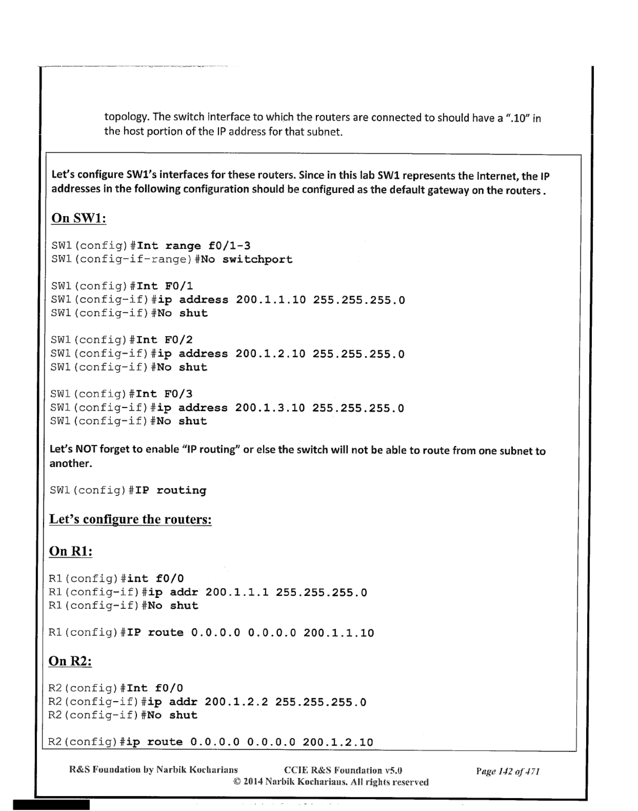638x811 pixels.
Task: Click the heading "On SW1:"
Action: pyautogui.click(x=79, y=218)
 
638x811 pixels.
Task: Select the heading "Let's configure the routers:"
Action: pyautogui.click(x=130, y=519)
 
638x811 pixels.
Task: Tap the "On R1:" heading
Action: pyautogui.click(x=71, y=551)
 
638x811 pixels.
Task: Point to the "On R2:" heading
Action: pyautogui.click(x=70, y=661)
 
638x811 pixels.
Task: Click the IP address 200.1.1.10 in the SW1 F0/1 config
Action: pyautogui.click(x=271, y=300)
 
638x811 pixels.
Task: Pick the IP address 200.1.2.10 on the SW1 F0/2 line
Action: pyautogui.click(x=271, y=354)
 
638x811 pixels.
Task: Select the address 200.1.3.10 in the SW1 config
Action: pyautogui.click(x=270, y=408)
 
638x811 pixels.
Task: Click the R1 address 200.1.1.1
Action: pyautogui.click(x=237, y=592)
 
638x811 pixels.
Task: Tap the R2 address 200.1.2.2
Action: pyautogui.click(x=236, y=702)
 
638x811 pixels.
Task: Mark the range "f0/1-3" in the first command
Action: pyautogui.click(x=229, y=246)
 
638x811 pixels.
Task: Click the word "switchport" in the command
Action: pyautogui.click(x=257, y=260)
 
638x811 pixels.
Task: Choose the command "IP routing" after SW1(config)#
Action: pyautogui.click(x=171, y=490)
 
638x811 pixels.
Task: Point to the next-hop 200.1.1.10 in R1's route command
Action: pyautogui.click(x=339, y=633)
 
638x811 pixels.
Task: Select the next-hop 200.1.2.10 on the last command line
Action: pyautogui.click(x=338, y=742)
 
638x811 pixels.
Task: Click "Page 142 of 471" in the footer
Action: pyautogui.click(x=508, y=772)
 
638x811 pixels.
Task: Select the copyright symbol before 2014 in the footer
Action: pyautogui.click(x=237, y=782)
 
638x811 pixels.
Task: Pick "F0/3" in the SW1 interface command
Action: pyautogui.click(x=178, y=394)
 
